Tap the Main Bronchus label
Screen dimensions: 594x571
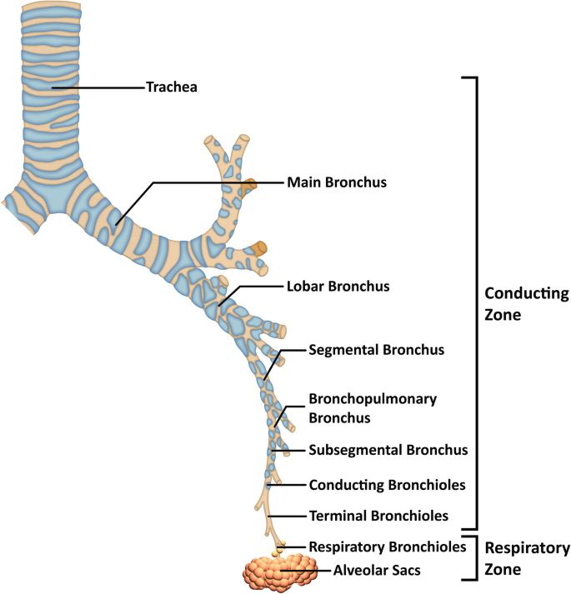tap(336, 182)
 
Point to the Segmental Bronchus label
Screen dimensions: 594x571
tap(377, 350)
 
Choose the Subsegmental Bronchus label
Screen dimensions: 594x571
tap(388, 451)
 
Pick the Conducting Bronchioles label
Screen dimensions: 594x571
tap(387, 485)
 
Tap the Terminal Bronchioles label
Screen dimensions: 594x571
tap(379, 516)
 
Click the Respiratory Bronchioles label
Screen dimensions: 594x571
tap(387, 547)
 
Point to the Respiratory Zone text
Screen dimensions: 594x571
tap(526, 559)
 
